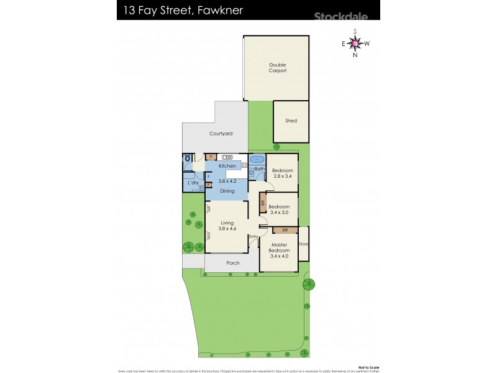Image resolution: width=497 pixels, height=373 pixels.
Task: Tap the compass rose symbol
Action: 355,43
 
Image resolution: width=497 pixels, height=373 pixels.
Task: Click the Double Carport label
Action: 278,68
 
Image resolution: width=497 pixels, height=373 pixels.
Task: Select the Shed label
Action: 291,121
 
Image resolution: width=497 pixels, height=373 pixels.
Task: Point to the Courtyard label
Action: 221,134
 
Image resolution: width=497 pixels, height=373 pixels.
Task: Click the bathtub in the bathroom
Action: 258,159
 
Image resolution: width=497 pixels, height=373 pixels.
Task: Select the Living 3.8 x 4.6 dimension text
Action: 227,229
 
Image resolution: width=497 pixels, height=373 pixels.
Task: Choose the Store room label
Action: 304,244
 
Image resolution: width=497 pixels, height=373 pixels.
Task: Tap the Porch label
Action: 232,263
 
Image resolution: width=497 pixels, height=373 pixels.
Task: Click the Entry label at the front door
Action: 253,237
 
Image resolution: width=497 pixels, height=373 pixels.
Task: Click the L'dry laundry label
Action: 193,183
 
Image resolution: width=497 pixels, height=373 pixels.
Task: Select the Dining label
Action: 227,191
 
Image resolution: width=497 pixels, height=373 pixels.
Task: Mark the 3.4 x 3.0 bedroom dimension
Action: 280,213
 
